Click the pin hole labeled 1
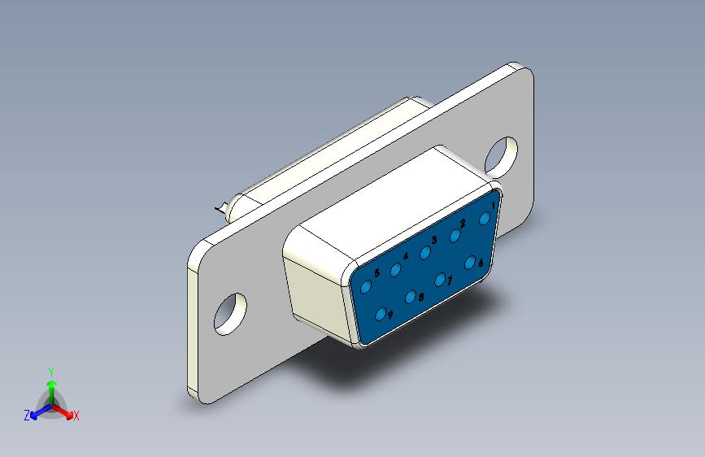[x=485, y=219]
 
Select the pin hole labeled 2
[x=455, y=236]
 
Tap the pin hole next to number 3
[x=425, y=253]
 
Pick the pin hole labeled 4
[x=396, y=270]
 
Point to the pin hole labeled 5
[x=366, y=287]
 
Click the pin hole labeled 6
[x=470, y=262]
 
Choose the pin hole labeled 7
[x=440, y=280]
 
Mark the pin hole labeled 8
[x=411, y=297]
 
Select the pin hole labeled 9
[x=381, y=314]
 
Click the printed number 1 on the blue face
[x=494, y=206]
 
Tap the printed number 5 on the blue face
[x=376, y=272]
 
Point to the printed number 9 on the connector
[x=391, y=315]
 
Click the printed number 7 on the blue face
[x=450, y=281]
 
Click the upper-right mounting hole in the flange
[x=502, y=155]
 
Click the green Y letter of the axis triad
[x=50, y=370]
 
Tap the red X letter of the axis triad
[x=76, y=416]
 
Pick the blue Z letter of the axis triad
[x=26, y=416]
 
